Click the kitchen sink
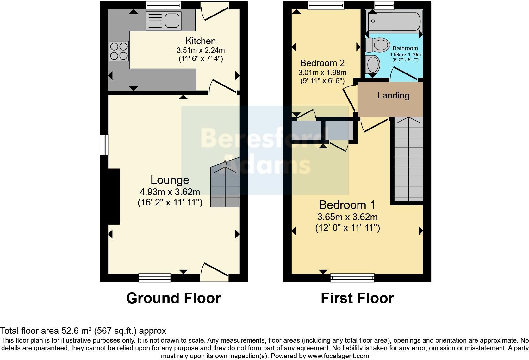(x=164, y=21)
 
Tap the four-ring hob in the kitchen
(x=119, y=51)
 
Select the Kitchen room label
(x=201, y=41)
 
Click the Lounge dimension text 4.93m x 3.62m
(x=170, y=192)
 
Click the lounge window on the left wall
(x=104, y=145)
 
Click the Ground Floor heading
(x=173, y=298)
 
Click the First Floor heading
(x=357, y=298)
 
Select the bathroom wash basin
(x=372, y=65)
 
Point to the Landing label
(x=393, y=95)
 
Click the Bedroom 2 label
(x=322, y=63)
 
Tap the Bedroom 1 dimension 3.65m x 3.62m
(x=347, y=217)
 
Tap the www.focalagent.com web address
(x=338, y=356)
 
